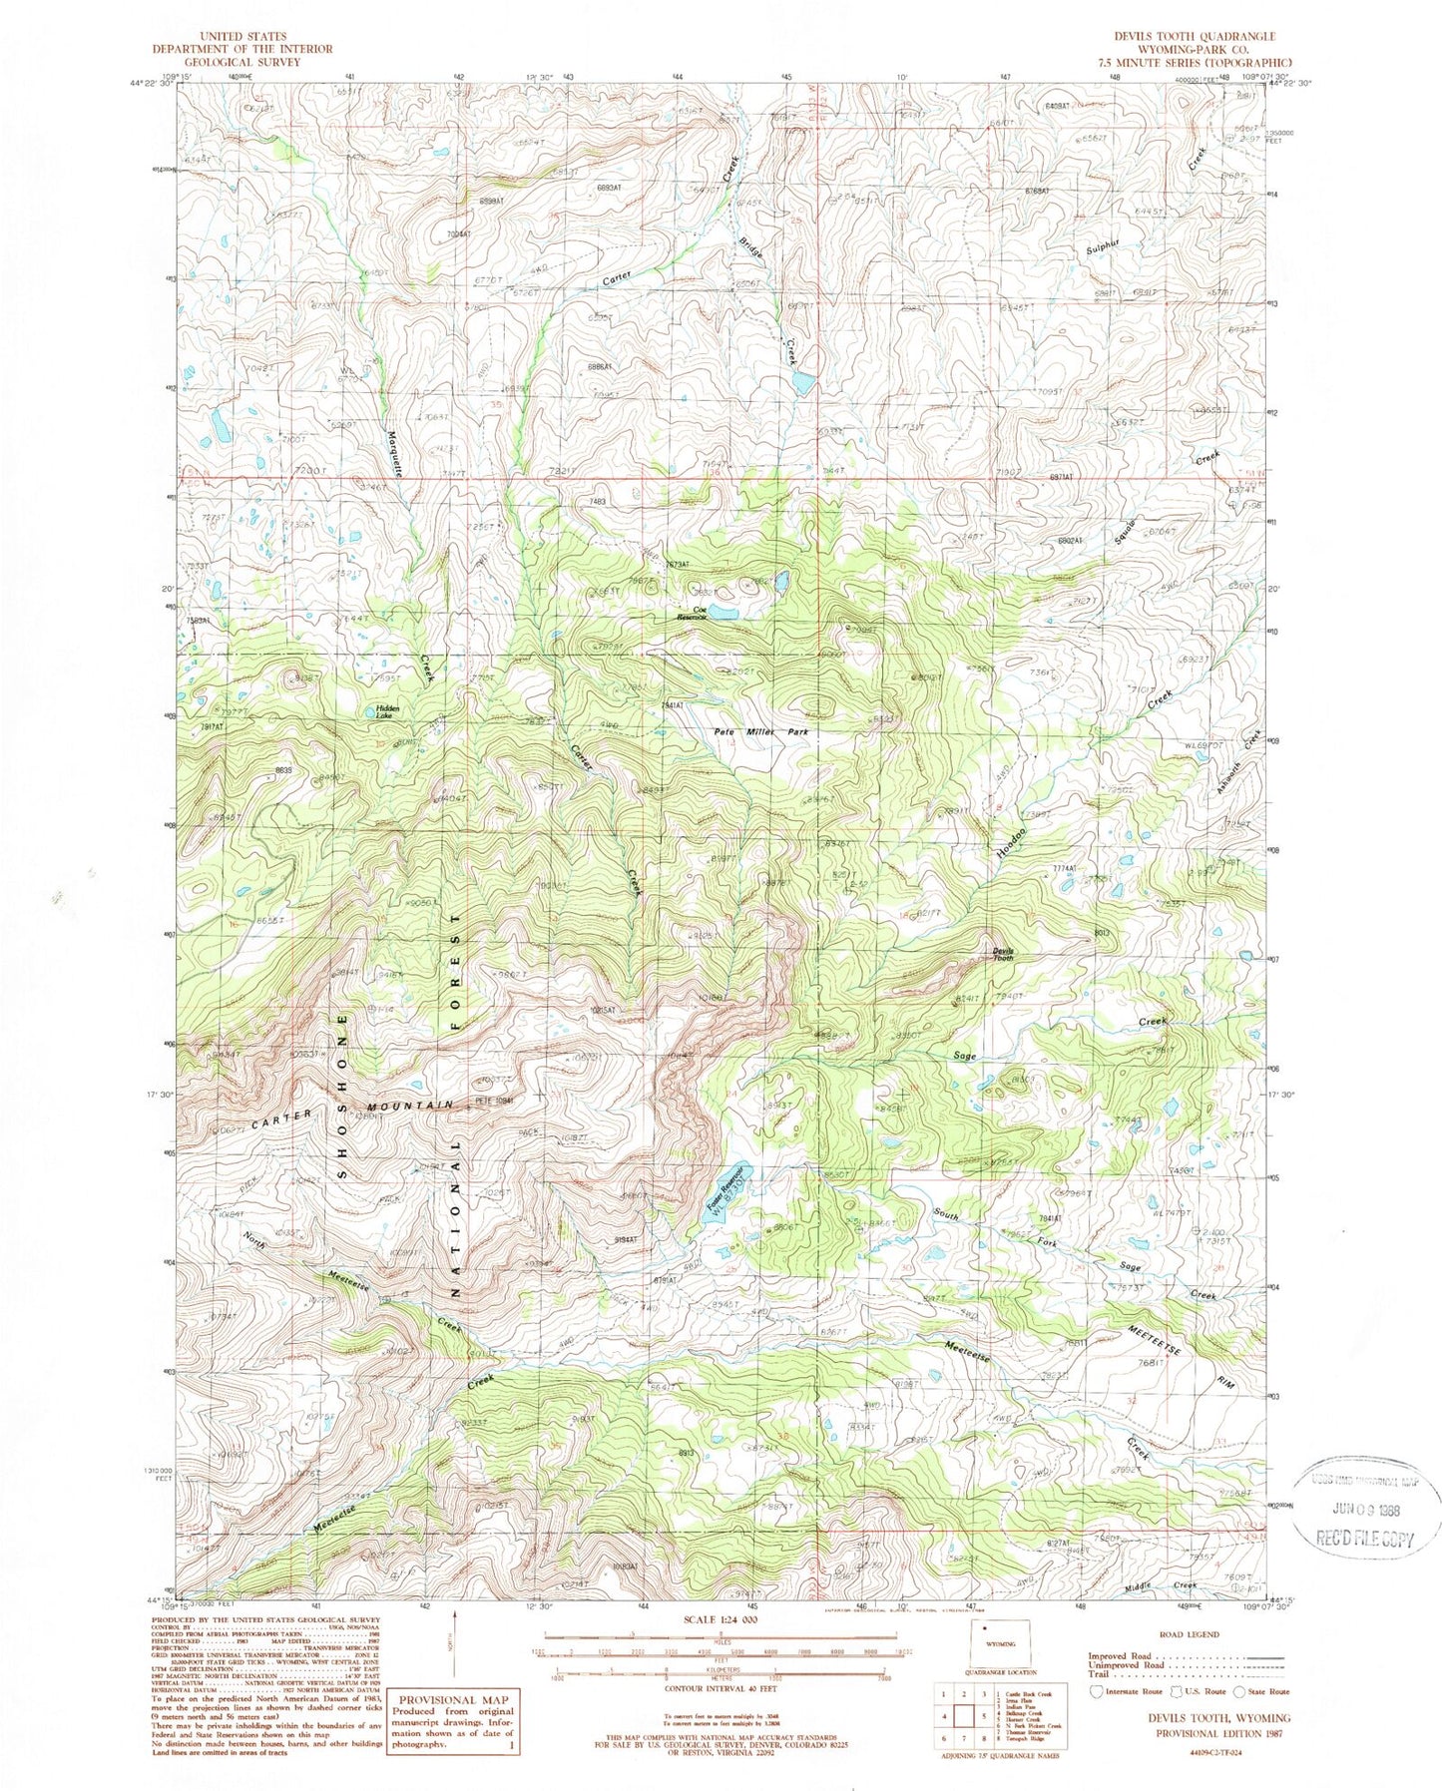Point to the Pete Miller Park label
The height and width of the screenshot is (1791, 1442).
(x=761, y=731)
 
